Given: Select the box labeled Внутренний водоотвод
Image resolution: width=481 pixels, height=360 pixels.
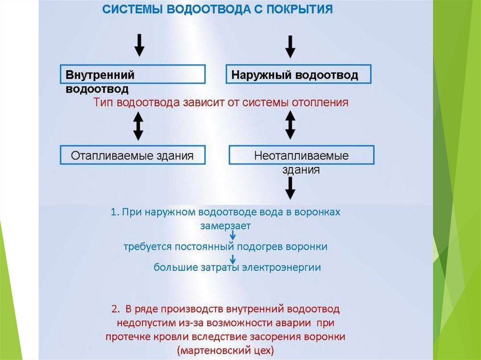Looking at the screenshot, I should tap(133, 75).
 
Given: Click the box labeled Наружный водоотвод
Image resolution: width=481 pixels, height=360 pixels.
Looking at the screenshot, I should tap(299, 75).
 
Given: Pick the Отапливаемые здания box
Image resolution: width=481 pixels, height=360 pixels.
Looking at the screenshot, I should tap(132, 155).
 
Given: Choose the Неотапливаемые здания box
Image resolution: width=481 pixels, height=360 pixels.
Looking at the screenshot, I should tap(301, 155).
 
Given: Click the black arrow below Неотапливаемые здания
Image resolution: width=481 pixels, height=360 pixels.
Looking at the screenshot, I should tap(291, 188).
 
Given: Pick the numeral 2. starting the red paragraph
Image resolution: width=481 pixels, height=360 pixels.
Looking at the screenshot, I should tap(116, 309).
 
